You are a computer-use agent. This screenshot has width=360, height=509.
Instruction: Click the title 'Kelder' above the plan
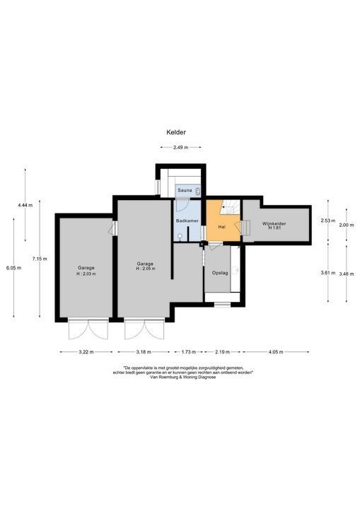(176, 131)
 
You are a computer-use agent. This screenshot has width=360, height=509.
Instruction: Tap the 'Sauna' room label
(185, 191)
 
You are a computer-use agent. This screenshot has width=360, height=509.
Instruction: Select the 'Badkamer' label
(186, 221)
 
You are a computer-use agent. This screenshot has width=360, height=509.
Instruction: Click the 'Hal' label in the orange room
(221, 227)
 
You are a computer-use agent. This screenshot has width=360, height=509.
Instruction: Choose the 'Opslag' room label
(220, 272)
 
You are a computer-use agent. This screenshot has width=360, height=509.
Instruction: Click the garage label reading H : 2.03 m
(86, 271)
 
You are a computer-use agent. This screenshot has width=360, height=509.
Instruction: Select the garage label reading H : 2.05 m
(145, 267)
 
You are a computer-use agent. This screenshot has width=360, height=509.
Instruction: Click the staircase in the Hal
(230, 209)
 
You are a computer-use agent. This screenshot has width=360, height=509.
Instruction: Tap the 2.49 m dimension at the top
(181, 148)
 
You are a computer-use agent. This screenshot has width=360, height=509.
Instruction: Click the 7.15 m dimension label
(40, 259)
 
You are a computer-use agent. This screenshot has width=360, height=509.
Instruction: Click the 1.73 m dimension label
(188, 351)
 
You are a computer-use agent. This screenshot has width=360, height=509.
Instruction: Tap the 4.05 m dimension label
(277, 351)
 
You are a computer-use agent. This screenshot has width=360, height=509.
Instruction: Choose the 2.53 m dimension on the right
(327, 221)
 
